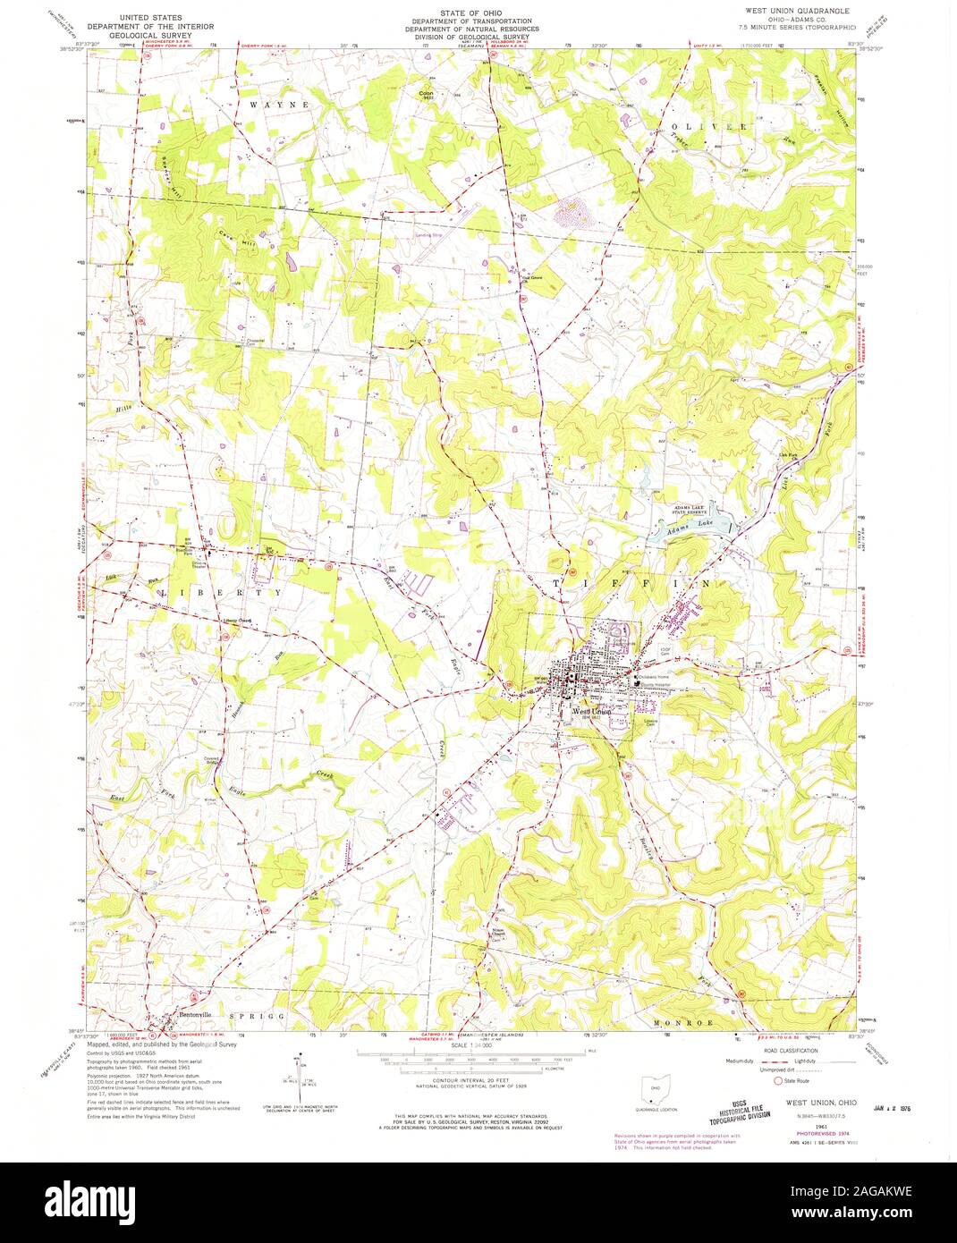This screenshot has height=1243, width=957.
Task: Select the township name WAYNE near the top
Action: tap(279, 105)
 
